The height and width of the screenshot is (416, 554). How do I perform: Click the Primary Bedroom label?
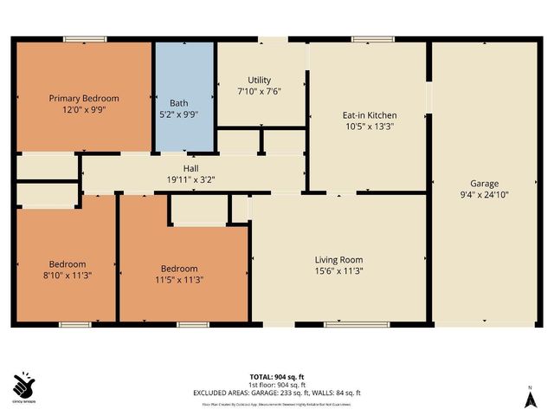click(x=83, y=98)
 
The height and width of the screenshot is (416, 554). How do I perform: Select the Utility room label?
click(x=260, y=79)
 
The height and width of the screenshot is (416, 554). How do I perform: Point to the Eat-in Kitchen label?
click(x=370, y=114)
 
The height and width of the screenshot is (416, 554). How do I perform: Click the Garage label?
click(x=484, y=183)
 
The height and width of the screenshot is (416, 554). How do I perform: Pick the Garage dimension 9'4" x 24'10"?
click(x=484, y=195)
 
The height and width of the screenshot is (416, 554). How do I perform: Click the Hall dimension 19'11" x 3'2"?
click(x=191, y=180)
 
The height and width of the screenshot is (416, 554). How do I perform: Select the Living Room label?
click(x=338, y=259)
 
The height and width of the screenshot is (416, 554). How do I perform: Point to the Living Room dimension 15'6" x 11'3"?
click(x=338, y=271)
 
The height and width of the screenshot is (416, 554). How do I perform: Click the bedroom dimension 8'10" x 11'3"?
click(x=67, y=276)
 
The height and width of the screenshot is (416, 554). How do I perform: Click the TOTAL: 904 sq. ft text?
click(x=277, y=377)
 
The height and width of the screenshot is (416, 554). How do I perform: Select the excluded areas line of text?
click(x=277, y=393)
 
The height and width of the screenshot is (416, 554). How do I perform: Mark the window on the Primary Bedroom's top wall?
click(x=85, y=38)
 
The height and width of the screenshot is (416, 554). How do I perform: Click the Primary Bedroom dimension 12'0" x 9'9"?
click(x=83, y=110)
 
